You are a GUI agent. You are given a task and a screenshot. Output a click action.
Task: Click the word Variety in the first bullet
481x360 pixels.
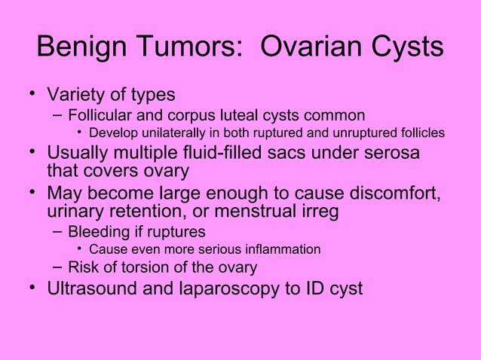(x=78, y=96)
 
